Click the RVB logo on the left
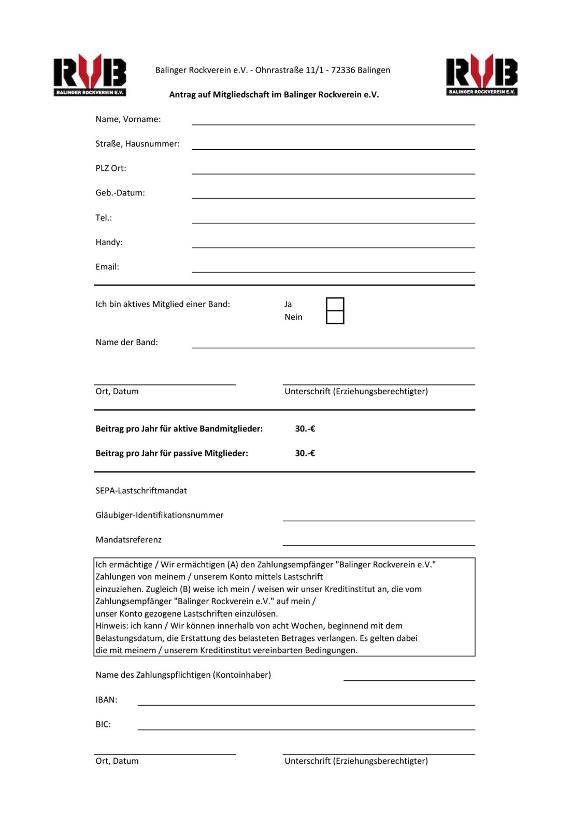click(90, 75)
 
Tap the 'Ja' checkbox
click(335, 304)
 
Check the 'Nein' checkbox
click(335, 317)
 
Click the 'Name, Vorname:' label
click(128, 119)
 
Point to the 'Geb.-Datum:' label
click(120, 193)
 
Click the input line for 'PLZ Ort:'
click(333, 170)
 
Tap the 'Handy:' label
click(109, 242)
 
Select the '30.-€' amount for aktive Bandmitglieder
click(305, 428)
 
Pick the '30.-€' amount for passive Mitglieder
click(305, 453)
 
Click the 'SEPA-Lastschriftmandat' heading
click(141, 490)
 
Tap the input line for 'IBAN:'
click(306, 702)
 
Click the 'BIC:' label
click(103, 724)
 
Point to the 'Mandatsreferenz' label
click(128, 539)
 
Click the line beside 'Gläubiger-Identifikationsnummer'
click(378, 517)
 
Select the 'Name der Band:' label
click(126, 342)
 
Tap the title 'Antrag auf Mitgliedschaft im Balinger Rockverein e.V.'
click(274, 94)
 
